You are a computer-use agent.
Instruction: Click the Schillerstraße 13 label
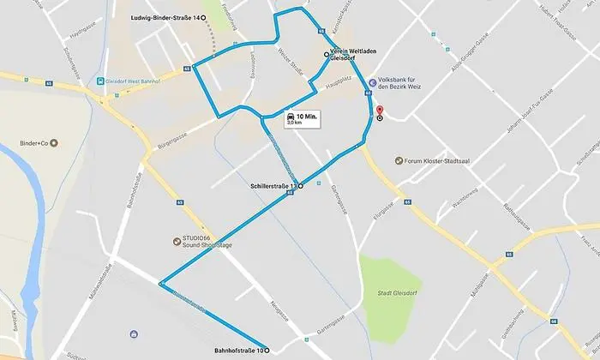[273, 186]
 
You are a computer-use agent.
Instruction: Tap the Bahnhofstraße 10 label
[237, 350]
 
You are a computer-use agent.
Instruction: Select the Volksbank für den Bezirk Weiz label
[408, 87]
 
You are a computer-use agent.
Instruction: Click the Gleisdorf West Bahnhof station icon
[100, 81]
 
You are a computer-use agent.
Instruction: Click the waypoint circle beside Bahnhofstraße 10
[267, 350]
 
